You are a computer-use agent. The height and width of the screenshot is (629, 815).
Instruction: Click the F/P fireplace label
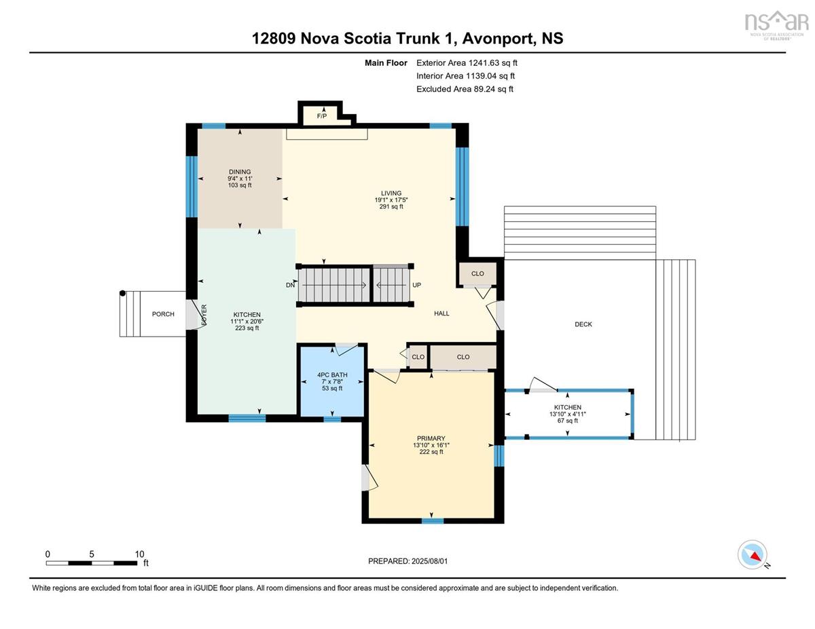coord(322,116)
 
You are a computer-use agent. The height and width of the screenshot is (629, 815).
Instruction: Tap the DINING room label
coord(240,172)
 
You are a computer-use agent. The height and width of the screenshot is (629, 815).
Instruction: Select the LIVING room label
coord(391,193)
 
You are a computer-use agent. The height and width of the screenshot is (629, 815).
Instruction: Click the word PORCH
coord(163,314)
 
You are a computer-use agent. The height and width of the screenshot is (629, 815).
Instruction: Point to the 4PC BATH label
coord(332,375)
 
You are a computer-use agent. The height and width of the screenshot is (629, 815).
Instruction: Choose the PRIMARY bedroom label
coord(431,438)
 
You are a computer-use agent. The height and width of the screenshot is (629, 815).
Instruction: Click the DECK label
coord(583,324)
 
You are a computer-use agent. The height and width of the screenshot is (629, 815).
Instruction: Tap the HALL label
coord(441,313)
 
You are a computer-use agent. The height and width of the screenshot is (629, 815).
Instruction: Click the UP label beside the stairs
coord(417,285)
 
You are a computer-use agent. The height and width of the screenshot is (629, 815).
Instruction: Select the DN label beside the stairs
coord(290,285)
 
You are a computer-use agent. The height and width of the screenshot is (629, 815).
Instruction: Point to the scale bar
coord(92,563)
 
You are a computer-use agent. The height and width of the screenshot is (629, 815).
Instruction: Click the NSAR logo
coord(776,26)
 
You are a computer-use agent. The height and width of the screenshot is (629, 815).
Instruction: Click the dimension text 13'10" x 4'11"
coord(568,414)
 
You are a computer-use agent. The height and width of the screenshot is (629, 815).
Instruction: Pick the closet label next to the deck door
coord(477,274)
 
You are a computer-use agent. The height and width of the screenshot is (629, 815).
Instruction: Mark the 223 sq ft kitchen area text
coord(247,328)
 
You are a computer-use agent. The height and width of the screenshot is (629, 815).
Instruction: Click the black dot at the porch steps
coord(122,293)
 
